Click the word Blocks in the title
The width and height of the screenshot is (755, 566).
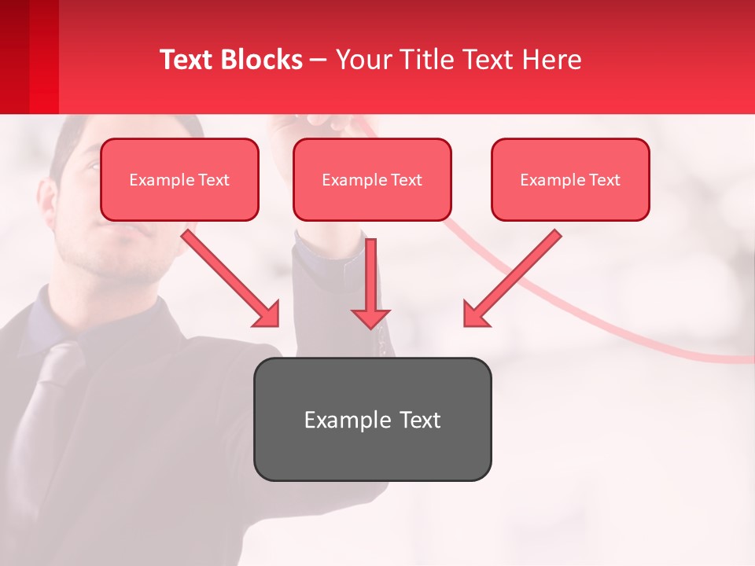click(263, 60)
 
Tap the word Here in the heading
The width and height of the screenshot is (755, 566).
click(551, 60)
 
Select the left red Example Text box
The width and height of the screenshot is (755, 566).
click(179, 180)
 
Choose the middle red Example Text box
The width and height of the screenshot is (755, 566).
click(372, 180)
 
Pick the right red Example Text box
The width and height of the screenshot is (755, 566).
click(570, 180)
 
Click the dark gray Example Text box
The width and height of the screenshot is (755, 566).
click(372, 419)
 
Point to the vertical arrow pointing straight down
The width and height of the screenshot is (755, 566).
click(370, 283)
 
